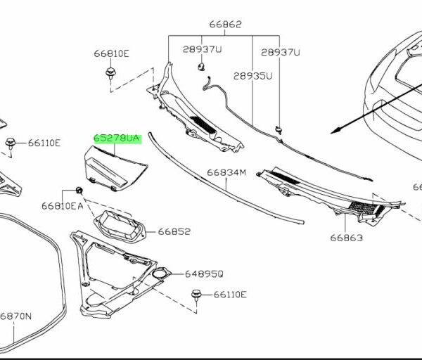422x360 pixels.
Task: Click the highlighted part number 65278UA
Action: [x=117, y=139]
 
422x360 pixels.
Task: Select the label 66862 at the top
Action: [x=226, y=24]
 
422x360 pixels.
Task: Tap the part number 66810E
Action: [x=111, y=53]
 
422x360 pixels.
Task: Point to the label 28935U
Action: [x=252, y=76]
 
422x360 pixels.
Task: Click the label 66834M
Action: [x=226, y=172]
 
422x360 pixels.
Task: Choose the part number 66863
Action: [x=346, y=238]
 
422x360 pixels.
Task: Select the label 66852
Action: [x=174, y=231]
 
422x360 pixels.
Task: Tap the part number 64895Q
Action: [x=204, y=274]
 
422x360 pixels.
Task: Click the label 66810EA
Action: [x=62, y=206]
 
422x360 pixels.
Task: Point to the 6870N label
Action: [x=15, y=316]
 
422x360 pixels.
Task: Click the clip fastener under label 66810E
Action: [x=110, y=73]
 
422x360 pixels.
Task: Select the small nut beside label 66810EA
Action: [x=79, y=191]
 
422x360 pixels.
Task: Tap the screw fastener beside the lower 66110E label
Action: [x=196, y=295]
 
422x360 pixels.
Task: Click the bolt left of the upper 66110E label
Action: [x=11, y=143]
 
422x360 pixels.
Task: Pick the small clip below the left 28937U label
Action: [x=201, y=67]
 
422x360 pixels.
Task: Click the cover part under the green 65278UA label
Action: [x=116, y=169]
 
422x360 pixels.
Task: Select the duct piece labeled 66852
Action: [x=120, y=226]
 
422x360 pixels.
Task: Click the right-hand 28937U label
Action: [x=280, y=52]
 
